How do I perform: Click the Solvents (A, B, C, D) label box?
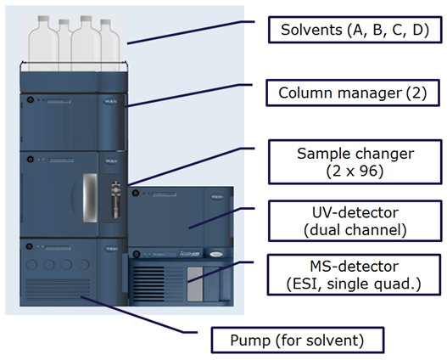click(355, 30)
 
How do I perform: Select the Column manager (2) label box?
click(353, 93)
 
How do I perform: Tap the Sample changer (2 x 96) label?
click(355, 162)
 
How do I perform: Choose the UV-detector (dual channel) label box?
click(355, 221)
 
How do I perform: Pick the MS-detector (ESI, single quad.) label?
click(354, 275)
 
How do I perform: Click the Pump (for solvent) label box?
click(298, 340)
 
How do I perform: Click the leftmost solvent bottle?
click(43, 43)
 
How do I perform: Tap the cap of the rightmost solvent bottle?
click(105, 22)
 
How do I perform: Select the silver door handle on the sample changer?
click(90, 198)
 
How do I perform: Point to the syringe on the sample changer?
click(115, 200)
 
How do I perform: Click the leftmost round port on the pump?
click(31, 264)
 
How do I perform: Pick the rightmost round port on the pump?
click(84, 264)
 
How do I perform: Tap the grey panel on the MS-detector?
click(195, 284)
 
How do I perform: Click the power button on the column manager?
click(31, 100)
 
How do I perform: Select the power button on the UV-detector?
click(136, 193)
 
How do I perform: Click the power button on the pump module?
click(30, 246)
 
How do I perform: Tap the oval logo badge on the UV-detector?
click(217, 197)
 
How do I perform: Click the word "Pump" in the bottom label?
click(250, 340)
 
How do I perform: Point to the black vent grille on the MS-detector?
click(148, 284)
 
